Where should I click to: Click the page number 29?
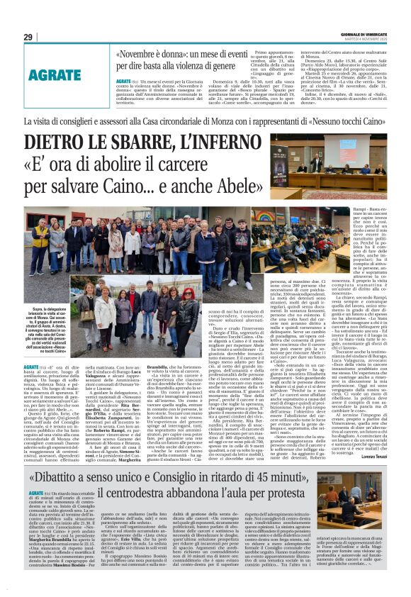(x=28, y=37)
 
